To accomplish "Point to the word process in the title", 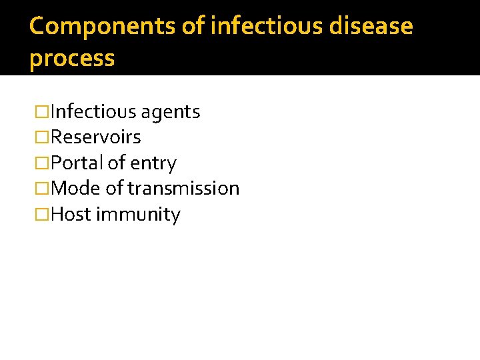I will tap(72, 59).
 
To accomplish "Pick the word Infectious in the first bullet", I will tap(93, 112).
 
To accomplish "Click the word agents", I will tap(170, 113).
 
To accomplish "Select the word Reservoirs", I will tap(96, 137).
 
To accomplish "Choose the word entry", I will tap(154, 163).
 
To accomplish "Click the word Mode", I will tap(75, 189).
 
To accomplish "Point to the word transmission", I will tap(183, 189).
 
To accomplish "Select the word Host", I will tap(71, 215).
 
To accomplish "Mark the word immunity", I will tap(138, 215).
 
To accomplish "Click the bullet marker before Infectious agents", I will tap(42, 112).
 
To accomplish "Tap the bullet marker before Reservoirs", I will tap(42, 137).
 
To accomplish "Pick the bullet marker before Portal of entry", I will tap(42, 163).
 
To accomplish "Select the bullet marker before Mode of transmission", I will tap(42, 189).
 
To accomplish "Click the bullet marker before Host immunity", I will tap(42, 215).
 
